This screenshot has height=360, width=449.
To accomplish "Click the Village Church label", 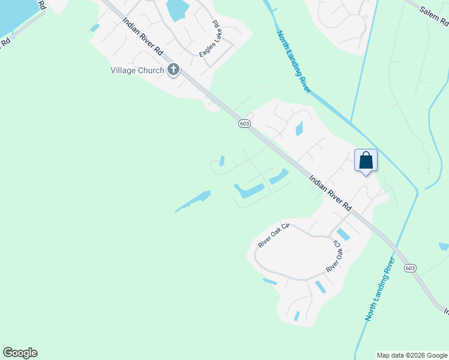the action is point(137,70).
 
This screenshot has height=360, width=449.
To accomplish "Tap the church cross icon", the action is point(173,70).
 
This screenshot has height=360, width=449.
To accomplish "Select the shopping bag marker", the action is point(366,161).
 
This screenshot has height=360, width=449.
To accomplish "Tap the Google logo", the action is point(20,353).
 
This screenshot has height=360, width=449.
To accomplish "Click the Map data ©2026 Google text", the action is point(412,355).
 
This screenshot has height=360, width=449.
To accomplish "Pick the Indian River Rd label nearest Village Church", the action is point(143,37).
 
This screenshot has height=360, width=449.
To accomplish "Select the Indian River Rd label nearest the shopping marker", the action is point(331,192).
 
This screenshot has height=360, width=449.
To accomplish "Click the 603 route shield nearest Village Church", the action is point(244,123).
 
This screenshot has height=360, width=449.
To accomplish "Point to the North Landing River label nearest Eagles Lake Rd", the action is point(294,62).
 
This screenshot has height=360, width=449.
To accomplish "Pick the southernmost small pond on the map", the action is point(297,316).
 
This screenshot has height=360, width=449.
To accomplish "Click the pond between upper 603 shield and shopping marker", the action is point(299,128).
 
